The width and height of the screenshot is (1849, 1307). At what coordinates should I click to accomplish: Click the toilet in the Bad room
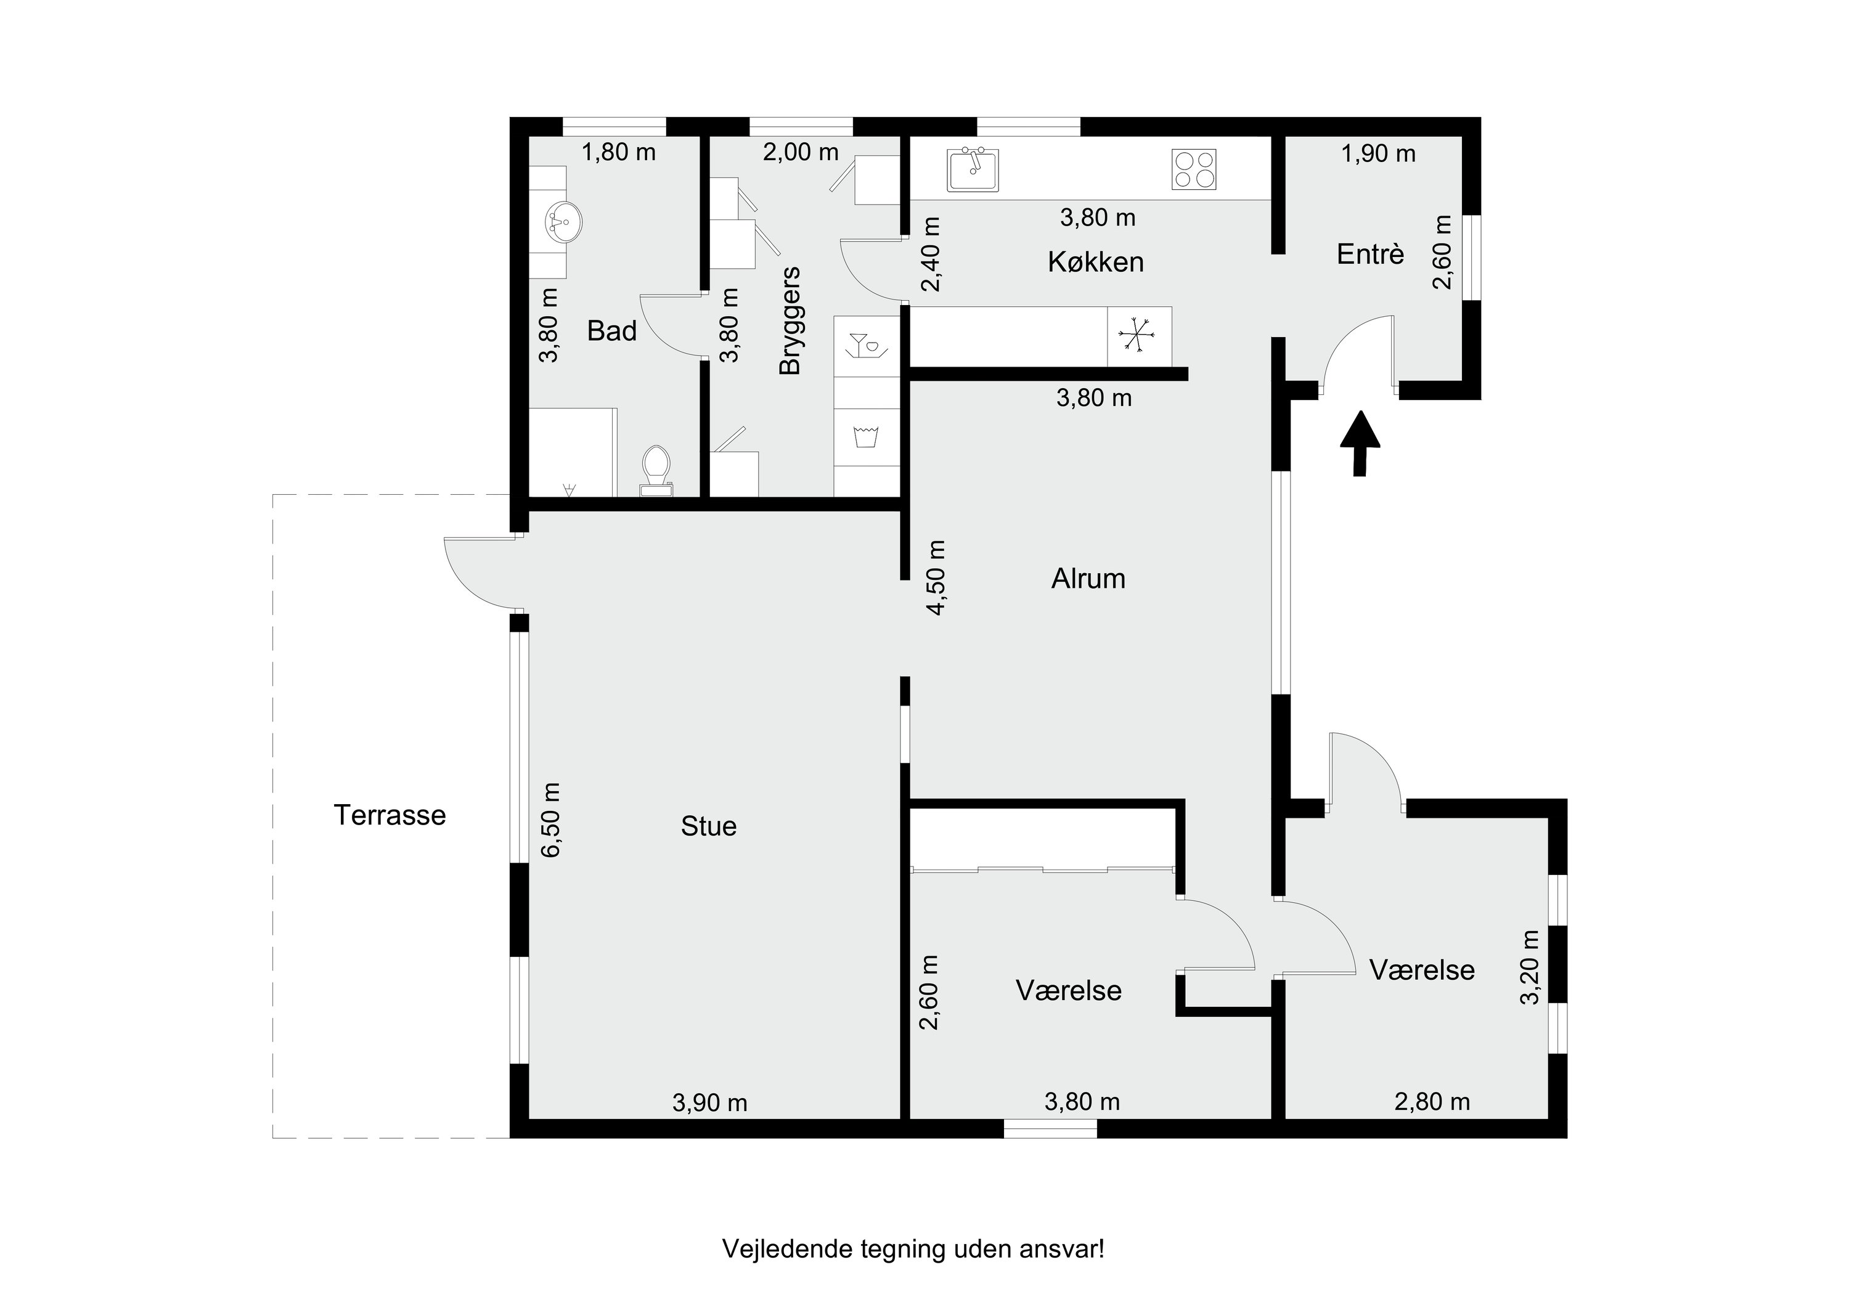click(656, 471)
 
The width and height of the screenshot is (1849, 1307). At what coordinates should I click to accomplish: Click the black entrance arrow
click(1360, 443)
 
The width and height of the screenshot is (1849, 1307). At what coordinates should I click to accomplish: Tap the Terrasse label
click(390, 815)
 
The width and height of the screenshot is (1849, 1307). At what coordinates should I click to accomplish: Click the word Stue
click(709, 826)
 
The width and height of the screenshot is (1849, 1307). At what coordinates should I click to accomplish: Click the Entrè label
click(1370, 254)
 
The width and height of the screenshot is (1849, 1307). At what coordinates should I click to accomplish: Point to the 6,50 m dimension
click(551, 820)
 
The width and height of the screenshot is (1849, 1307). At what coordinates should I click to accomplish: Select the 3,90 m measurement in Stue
click(709, 1102)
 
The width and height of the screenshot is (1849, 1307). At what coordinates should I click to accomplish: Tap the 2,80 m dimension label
click(1432, 1102)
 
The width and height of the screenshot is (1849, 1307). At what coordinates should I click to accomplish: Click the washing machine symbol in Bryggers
click(866, 436)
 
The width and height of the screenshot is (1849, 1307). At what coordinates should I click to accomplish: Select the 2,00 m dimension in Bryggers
click(801, 152)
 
